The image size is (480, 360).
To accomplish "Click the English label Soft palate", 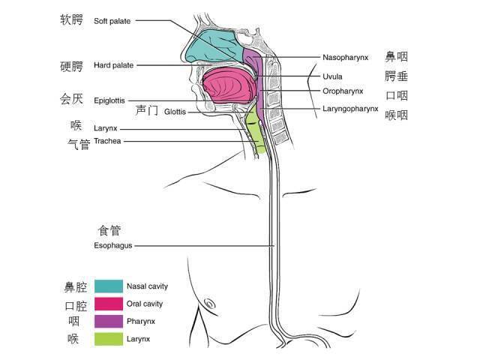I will [x=112, y=21].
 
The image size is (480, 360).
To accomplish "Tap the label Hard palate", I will [x=114, y=66].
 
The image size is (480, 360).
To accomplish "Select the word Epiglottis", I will [x=109, y=100].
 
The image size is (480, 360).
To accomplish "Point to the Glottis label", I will [x=175, y=112].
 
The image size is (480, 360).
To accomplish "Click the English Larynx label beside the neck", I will [x=106, y=129].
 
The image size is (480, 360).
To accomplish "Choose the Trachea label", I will [x=107, y=141].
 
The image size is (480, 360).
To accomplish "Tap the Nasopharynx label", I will [x=346, y=57].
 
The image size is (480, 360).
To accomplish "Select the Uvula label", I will [x=332, y=76].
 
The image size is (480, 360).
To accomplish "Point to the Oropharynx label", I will [x=343, y=91].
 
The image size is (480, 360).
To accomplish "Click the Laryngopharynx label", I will [x=350, y=108].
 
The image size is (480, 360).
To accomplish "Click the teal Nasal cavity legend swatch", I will [x=109, y=286].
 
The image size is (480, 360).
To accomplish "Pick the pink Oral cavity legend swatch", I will [x=109, y=304].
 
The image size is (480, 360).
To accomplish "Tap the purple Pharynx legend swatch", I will [x=109, y=321].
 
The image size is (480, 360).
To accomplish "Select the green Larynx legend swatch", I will [x=109, y=339].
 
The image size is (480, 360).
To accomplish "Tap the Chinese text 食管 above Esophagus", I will [x=109, y=230].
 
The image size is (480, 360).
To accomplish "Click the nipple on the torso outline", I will [x=209, y=304].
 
